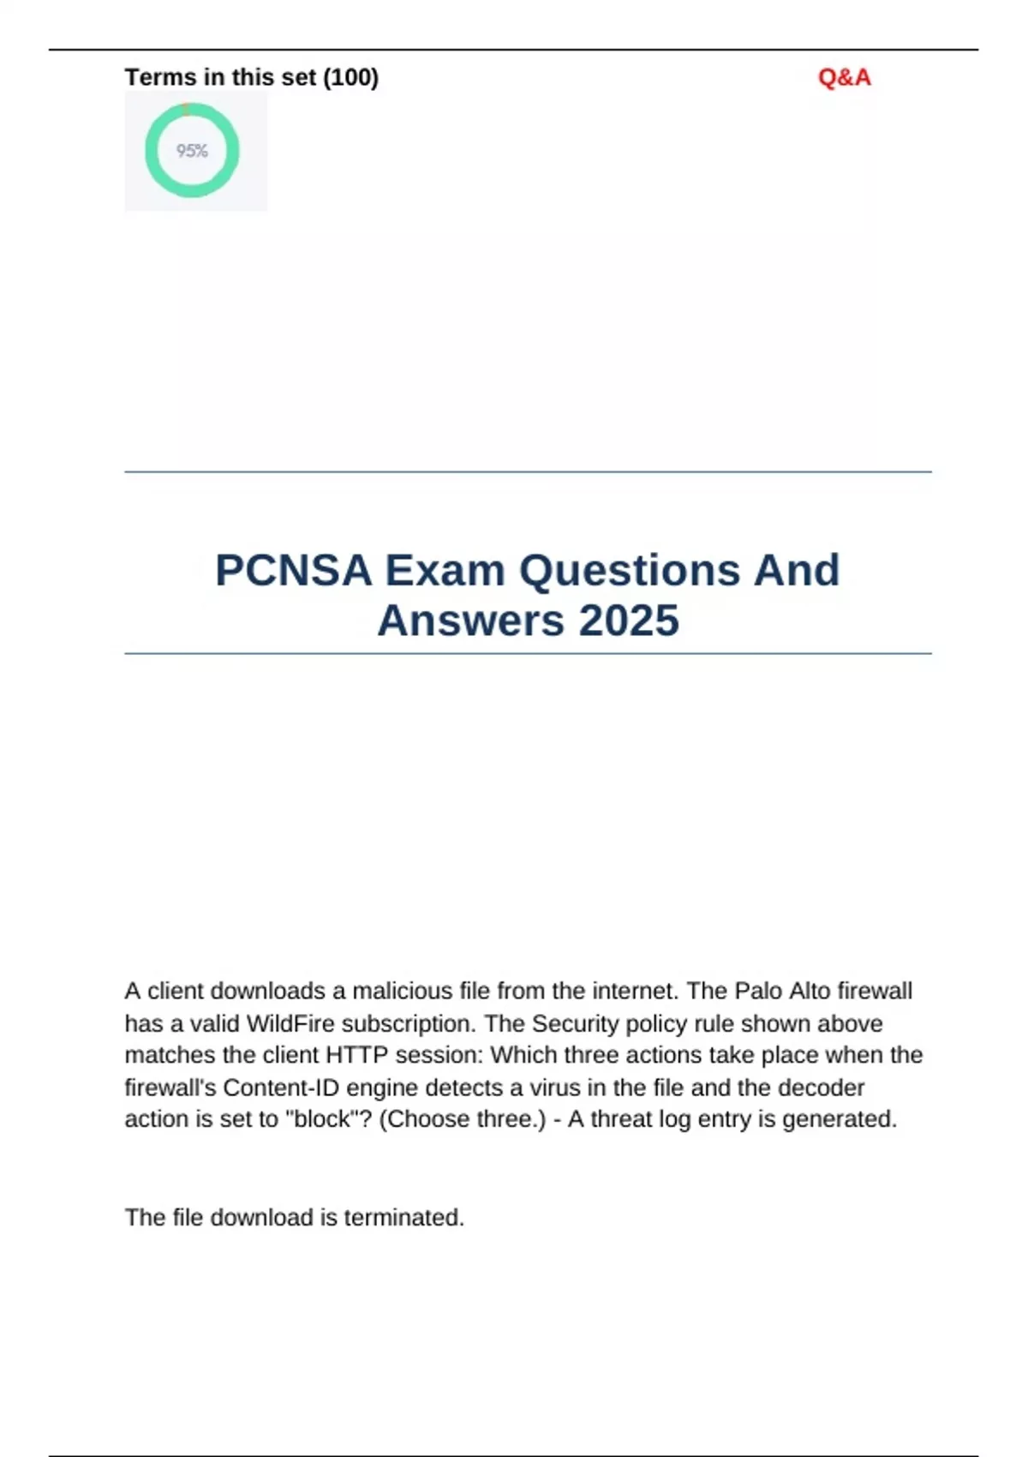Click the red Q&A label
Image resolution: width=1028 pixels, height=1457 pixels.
pos(844,78)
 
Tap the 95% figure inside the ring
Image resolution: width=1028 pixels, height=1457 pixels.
pos(192,151)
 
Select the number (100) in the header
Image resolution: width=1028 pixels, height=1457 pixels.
pos(350,78)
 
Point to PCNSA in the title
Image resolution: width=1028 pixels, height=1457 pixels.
pos(293,571)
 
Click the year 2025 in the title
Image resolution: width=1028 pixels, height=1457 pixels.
pos(629,621)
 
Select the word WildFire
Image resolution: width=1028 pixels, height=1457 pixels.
pos(290,1024)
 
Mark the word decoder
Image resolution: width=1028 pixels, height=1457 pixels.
pos(821,1088)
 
